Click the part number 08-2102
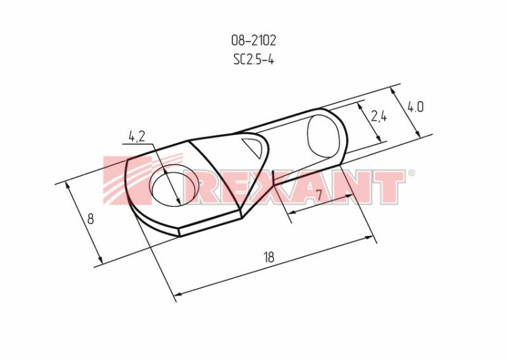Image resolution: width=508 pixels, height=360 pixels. click(x=254, y=41)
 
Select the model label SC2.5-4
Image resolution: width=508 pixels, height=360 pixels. click(x=254, y=60)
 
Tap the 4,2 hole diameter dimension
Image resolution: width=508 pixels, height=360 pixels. click(x=137, y=136)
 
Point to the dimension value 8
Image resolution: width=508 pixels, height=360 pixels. click(x=90, y=218)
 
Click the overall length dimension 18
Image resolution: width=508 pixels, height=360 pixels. click(x=269, y=257)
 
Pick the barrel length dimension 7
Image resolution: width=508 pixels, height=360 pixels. click(x=319, y=195)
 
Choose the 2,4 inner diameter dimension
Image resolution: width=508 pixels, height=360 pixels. click(x=379, y=116)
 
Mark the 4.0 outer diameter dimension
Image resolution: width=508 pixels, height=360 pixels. click(x=415, y=106)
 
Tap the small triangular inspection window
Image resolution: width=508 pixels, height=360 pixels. click(x=253, y=146)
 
